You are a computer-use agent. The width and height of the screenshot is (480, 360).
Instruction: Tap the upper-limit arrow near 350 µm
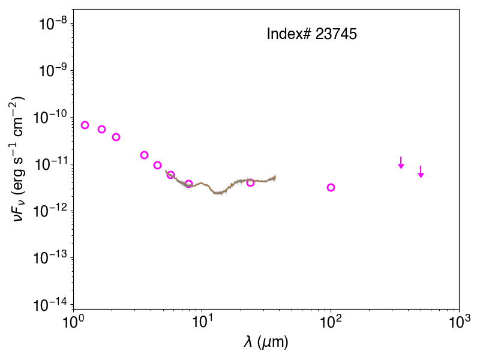point(401,163)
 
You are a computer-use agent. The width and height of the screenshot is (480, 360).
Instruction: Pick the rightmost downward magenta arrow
point(421,172)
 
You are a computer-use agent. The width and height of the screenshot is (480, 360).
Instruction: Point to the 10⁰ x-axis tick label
point(73,322)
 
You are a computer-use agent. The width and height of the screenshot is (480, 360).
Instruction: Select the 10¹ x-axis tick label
point(202,322)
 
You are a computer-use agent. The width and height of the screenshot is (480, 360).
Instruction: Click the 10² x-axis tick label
point(331,322)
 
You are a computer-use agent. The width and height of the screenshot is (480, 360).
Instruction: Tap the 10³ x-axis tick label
point(459,322)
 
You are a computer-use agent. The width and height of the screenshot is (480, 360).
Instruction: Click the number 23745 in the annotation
point(336,34)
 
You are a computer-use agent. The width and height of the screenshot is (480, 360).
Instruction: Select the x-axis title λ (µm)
point(266,342)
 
